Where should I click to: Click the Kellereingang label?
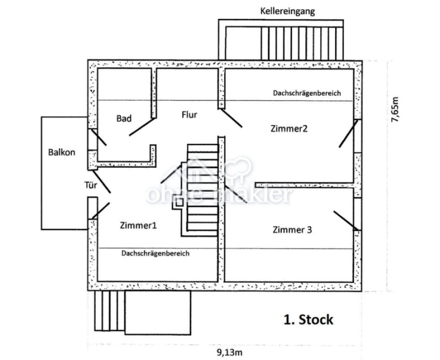(x=287, y=12)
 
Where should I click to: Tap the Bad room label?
(x=124, y=118)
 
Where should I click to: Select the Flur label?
(x=190, y=115)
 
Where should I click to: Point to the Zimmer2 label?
(x=289, y=128)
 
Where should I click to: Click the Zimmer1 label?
(x=138, y=225)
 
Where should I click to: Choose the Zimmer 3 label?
(x=292, y=230)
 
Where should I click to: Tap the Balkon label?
(x=62, y=152)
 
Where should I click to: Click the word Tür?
(x=91, y=185)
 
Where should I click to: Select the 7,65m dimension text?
(x=395, y=109)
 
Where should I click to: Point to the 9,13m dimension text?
(x=230, y=352)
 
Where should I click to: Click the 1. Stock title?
(x=309, y=320)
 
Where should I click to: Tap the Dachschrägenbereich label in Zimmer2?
(x=307, y=93)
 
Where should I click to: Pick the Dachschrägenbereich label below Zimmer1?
(x=155, y=253)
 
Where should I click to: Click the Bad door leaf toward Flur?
(x=142, y=127)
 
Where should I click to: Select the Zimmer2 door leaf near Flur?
(x=232, y=118)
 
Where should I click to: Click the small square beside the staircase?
(x=179, y=202)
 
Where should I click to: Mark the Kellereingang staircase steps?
(x=302, y=43)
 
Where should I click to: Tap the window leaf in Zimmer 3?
(x=346, y=221)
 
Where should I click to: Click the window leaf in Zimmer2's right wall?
(x=348, y=134)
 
